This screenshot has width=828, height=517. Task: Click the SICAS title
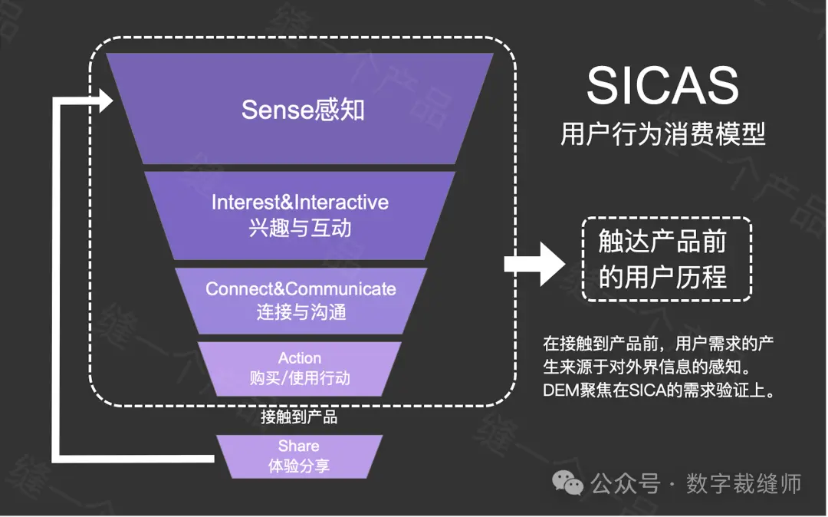(x=662, y=86)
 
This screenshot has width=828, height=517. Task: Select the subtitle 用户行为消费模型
(x=662, y=135)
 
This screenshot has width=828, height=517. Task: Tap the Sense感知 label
(x=303, y=110)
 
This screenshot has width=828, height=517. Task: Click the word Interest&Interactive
(x=300, y=203)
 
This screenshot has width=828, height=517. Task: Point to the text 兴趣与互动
(x=300, y=228)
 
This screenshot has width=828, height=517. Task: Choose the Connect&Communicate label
(x=301, y=289)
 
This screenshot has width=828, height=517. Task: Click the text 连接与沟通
(x=301, y=312)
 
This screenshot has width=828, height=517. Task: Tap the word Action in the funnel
(x=300, y=358)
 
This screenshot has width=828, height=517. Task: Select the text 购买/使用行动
(x=300, y=378)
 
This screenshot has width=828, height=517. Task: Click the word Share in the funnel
(x=299, y=446)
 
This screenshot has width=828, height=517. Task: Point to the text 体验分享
(x=299, y=466)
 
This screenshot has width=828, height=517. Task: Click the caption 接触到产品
(x=299, y=417)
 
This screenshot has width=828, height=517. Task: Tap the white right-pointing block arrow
(x=534, y=265)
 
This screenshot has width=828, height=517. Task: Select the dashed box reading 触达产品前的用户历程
(x=666, y=259)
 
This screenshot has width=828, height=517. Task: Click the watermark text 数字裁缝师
(x=743, y=484)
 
